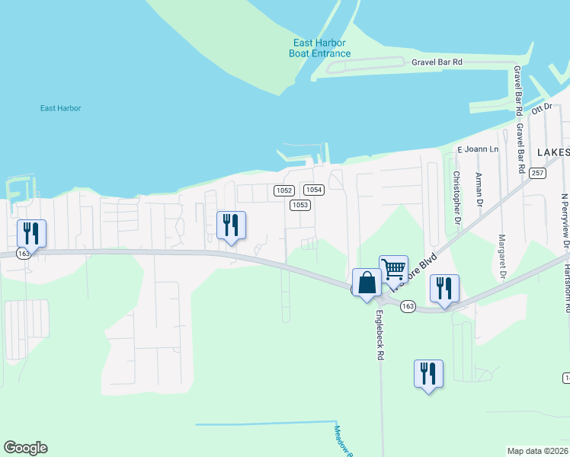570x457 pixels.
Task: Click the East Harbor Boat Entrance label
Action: (x=320, y=48)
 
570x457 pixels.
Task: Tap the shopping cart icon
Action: (x=393, y=268)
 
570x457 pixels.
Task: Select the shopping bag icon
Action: (x=367, y=282)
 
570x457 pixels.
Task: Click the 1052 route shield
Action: (x=284, y=190)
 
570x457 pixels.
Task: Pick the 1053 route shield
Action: (x=299, y=205)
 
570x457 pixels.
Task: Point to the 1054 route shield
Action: (x=314, y=190)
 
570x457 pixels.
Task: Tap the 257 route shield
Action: (x=538, y=174)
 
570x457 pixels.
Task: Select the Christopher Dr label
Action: (x=456, y=197)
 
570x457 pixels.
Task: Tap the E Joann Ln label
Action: (x=477, y=149)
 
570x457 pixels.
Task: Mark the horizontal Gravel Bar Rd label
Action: (x=437, y=62)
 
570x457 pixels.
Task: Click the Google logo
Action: (x=25, y=448)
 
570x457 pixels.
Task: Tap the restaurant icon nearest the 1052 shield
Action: (x=231, y=225)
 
